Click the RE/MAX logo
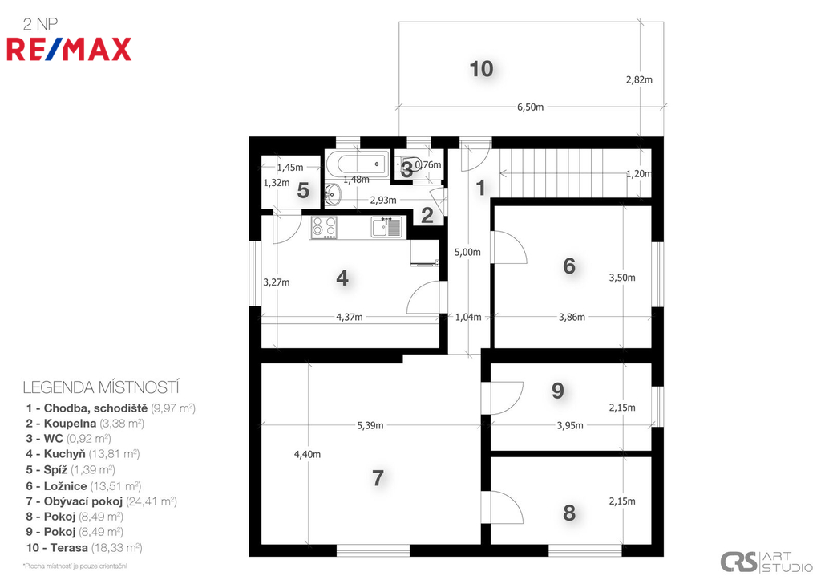click(x=69, y=49)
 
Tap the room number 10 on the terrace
click(x=481, y=69)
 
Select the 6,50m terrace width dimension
click(x=531, y=107)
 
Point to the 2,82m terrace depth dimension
click(x=639, y=79)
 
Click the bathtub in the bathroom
click(x=358, y=164)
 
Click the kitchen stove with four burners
click(x=324, y=228)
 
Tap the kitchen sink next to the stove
click(x=386, y=227)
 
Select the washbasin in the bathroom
click(x=332, y=195)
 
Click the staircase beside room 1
click(x=574, y=173)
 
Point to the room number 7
click(x=378, y=478)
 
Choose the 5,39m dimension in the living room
click(x=370, y=425)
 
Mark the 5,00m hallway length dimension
click(x=467, y=252)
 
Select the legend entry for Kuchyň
click(x=83, y=454)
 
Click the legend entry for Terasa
click(x=84, y=548)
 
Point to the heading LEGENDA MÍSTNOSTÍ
click(x=101, y=387)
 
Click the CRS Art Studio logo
click(x=766, y=562)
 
